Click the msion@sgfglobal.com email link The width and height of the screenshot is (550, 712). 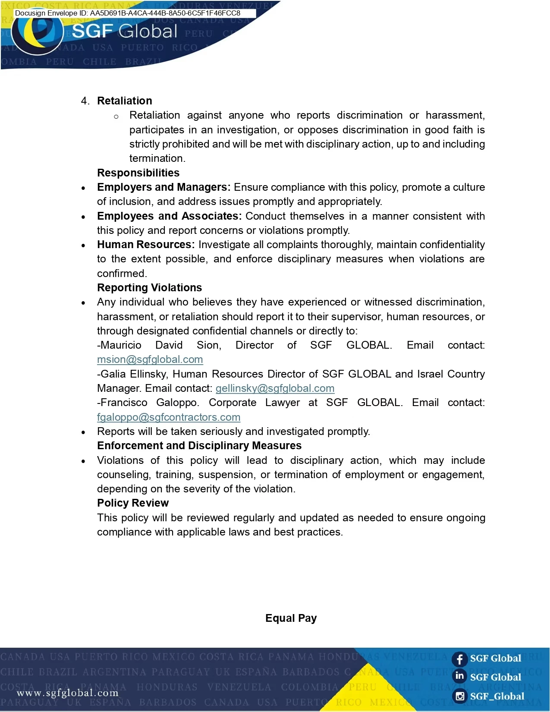(x=150, y=359)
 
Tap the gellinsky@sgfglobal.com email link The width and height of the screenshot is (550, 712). (x=275, y=388)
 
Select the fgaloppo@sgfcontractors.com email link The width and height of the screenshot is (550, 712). (x=169, y=417)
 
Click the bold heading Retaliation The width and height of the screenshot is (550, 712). (x=125, y=101)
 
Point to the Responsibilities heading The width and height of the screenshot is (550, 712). (x=138, y=173)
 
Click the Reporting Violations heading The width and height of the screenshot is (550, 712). (x=149, y=287)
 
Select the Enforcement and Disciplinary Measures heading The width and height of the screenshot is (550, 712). (x=199, y=445)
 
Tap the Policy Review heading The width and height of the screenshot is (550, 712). (x=133, y=503)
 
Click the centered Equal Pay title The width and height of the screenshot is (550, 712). (x=291, y=618)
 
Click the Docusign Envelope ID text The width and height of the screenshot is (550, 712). (x=128, y=13)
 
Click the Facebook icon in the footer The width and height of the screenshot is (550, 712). (x=460, y=659)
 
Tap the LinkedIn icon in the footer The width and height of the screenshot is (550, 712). (x=460, y=676)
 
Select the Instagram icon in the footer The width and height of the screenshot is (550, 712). (x=460, y=696)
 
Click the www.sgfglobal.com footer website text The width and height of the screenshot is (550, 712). (x=68, y=693)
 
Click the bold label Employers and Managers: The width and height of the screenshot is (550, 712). (x=164, y=187)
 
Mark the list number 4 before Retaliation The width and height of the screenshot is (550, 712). (x=85, y=101)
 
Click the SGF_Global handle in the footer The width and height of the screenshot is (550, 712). (x=497, y=696)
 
